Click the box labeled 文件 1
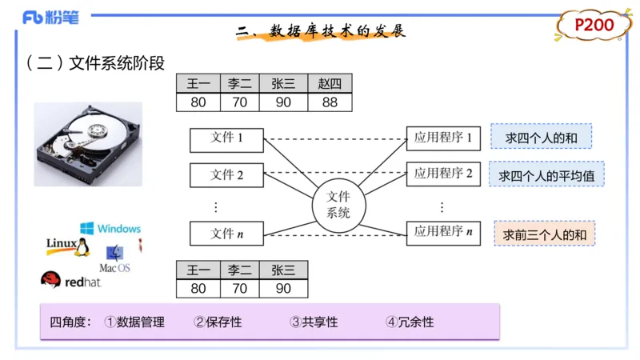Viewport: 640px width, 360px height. pos(227,139)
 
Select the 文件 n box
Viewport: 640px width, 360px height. pos(227,234)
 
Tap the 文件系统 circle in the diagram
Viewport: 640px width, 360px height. pos(339,204)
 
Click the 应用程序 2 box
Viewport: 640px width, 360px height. pos(443,174)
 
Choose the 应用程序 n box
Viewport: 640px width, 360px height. pos(443,233)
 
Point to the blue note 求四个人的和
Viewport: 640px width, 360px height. pos(541,137)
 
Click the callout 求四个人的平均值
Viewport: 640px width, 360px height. pos(546,174)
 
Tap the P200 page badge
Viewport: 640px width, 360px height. pos(594,26)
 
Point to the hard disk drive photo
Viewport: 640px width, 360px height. pos(88,144)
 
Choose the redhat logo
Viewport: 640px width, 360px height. pos(73,280)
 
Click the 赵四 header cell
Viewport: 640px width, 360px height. pos(330,83)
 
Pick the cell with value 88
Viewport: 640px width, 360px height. pos(330,102)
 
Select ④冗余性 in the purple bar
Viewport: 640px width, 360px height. pos(409,322)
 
